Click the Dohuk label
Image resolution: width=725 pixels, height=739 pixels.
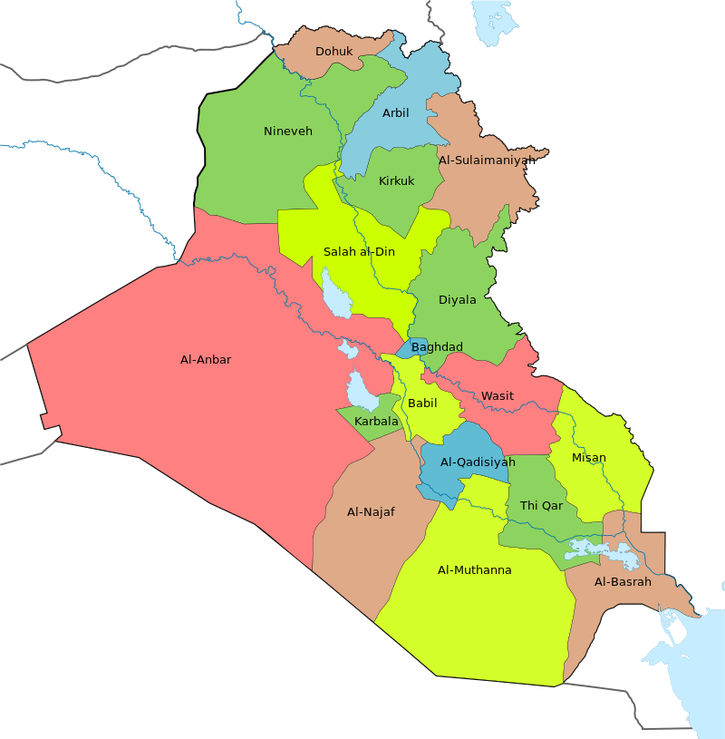(333, 52)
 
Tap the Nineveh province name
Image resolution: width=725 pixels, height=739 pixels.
(287, 131)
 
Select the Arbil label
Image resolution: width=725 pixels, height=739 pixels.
(395, 113)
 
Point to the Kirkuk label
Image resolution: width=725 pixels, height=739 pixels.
(396, 181)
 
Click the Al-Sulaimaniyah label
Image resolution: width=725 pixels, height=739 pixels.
(484, 160)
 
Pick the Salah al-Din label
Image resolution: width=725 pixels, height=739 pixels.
(359, 252)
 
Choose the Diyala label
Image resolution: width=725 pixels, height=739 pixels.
(457, 300)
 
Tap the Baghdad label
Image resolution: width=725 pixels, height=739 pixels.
(437, 347)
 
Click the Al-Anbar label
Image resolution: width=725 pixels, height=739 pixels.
(206, 360)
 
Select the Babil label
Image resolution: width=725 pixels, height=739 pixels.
(422, 404)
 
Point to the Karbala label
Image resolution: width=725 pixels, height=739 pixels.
(376, 422)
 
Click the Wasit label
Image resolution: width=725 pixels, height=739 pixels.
(497, 396)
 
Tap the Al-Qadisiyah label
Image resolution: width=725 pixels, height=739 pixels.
(478, 462)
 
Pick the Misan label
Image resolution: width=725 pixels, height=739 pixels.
(589, 458)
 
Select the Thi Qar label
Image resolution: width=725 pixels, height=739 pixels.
(541, 506)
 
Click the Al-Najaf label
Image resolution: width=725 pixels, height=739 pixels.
(371, 512)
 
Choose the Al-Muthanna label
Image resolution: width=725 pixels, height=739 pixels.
(474, 570)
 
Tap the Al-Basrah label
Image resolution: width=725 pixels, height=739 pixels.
(623, 582)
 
